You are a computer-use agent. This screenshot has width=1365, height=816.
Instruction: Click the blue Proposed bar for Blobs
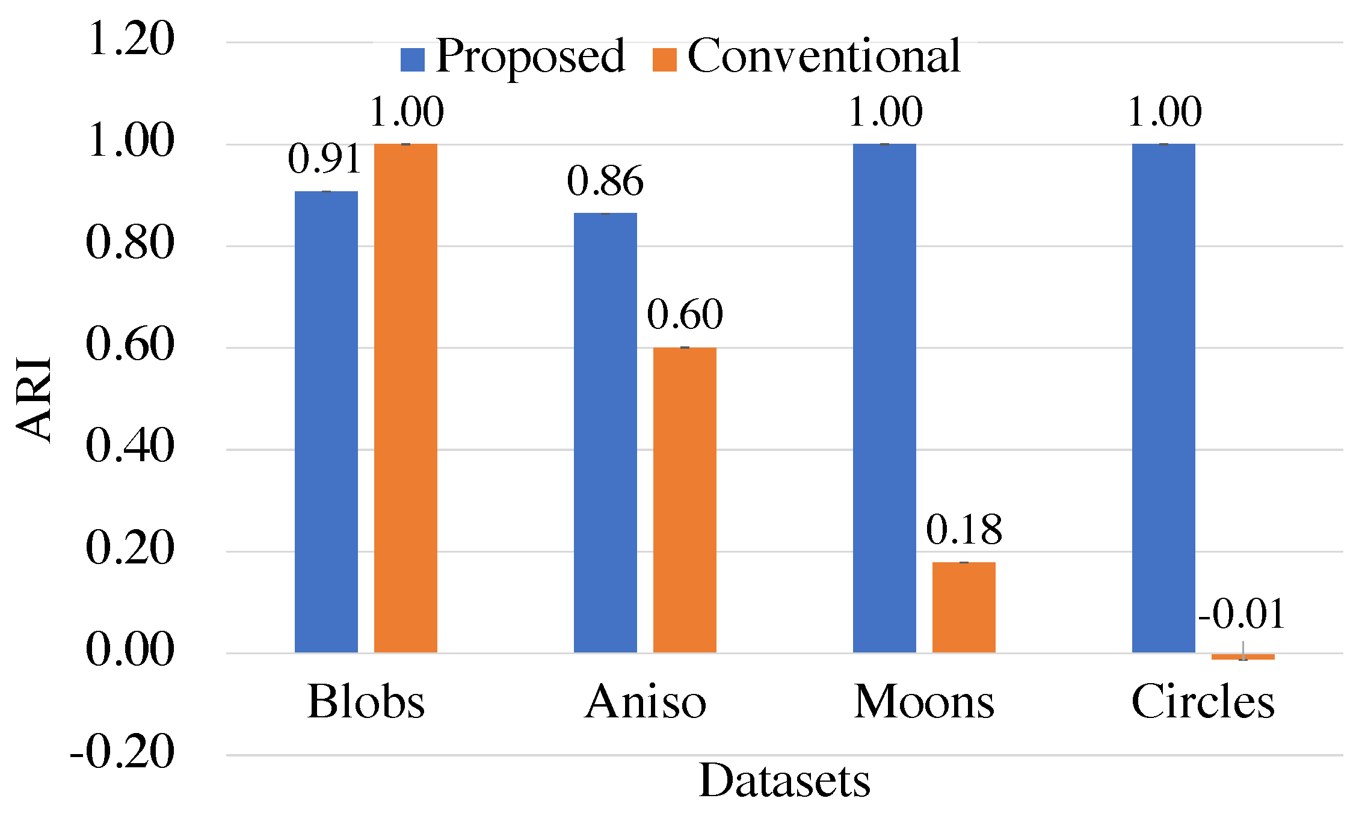(326, 421)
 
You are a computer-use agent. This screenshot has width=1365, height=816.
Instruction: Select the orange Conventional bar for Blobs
(405, 397)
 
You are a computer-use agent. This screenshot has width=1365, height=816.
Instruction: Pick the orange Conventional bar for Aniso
(685, 499)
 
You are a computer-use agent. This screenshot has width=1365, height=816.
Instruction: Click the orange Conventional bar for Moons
(964, 607)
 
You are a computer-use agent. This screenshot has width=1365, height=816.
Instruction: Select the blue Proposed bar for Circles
(1163, 397)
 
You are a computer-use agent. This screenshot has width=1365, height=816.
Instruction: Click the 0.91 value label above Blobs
(325, 159)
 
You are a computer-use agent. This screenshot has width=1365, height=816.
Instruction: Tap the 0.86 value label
(605, 181)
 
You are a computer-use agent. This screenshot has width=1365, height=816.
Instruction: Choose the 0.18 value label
(964, 530)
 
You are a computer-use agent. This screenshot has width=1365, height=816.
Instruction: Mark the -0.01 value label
(1242, 615)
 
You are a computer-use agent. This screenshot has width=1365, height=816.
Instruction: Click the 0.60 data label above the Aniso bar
(685, 314)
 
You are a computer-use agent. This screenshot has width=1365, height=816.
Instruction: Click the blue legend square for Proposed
(413, 60)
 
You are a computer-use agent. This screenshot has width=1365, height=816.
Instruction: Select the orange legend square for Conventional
(664, 60)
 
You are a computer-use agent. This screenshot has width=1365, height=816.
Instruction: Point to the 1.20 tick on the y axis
(131, 40)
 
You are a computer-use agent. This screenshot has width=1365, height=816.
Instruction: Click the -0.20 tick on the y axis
(123, 752)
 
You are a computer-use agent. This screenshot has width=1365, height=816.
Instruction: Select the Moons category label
(924, 702)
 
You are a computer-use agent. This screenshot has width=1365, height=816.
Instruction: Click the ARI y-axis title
(34, 399)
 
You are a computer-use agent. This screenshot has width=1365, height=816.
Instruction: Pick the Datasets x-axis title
(784, 781)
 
